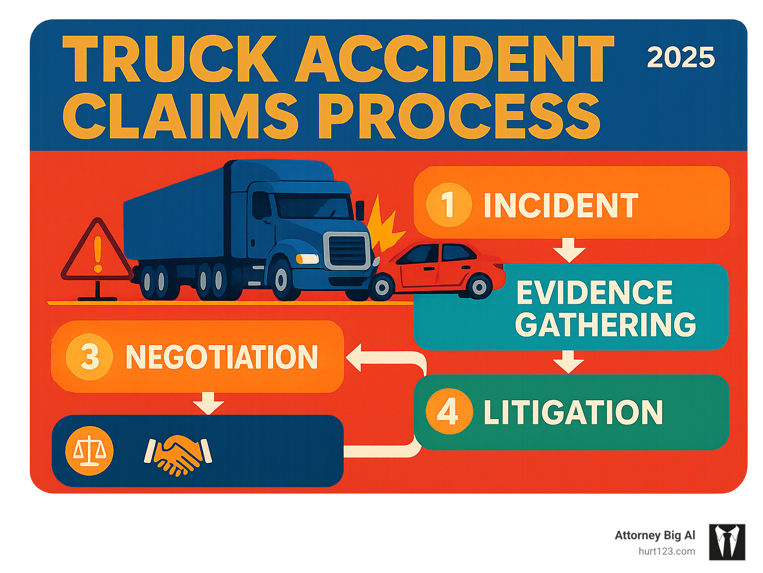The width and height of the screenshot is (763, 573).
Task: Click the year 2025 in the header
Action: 681,58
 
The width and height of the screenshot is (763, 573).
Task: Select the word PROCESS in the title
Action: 459,116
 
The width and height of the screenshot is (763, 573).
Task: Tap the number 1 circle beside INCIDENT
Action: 449,205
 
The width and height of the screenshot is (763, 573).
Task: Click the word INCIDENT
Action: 561,205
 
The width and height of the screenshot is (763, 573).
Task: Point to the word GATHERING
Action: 606,325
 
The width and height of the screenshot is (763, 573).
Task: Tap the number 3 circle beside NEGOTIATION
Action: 89,357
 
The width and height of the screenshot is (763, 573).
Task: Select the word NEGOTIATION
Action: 222,357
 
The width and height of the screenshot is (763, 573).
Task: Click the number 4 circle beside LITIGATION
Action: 449,412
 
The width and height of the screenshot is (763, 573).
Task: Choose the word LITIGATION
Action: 573,412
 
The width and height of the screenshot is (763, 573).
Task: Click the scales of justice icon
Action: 89,451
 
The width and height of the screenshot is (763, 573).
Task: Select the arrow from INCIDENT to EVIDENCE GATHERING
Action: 569,250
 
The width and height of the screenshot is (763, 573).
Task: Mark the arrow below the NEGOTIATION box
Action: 208,403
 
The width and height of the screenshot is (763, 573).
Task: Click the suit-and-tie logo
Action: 727,542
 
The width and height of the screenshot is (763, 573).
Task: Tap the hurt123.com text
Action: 667,551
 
